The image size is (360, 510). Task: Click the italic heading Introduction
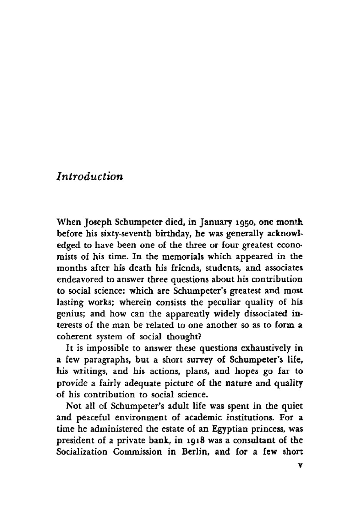[x=90, y=177]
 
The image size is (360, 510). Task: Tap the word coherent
[x=73, y=337]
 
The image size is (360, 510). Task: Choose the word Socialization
[x=82, y=452]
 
